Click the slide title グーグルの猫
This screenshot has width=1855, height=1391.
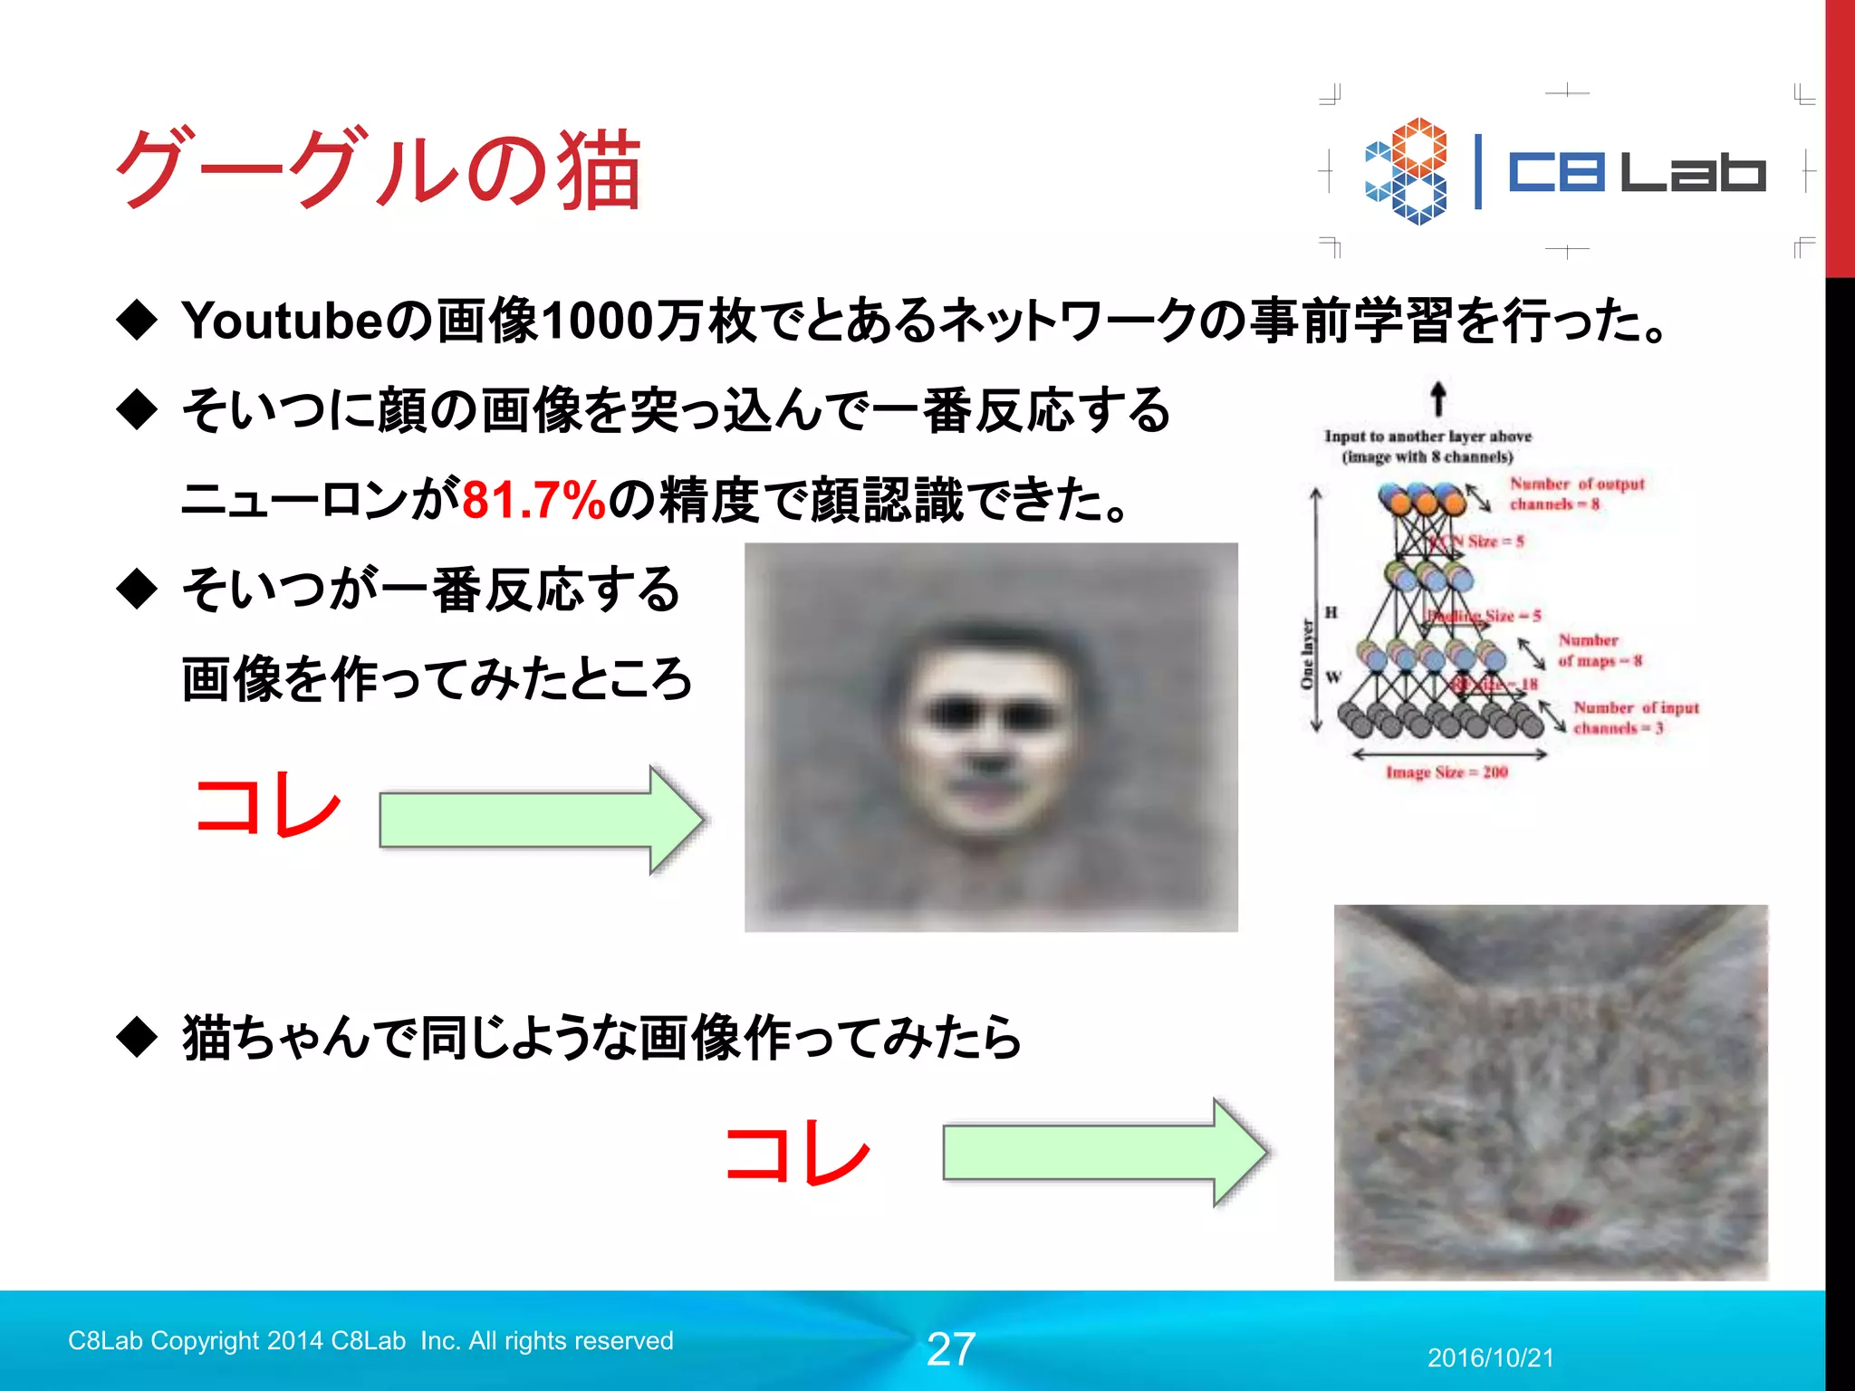point(379,169)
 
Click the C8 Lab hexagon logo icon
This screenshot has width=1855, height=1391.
point(1406,171)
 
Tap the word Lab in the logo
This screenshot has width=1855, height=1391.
point(1693,172)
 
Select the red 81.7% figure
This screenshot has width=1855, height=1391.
point(533,500)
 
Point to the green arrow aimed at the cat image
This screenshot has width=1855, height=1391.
point(1104,1152)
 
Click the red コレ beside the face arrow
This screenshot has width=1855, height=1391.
point(268,804)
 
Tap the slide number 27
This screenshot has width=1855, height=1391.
point(951,1349)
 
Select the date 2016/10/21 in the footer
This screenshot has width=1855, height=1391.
point(1491,1357)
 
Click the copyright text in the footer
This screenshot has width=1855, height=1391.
point(370,1340)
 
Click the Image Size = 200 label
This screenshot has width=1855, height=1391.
point(1447,772)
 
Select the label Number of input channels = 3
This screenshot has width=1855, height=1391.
point(1635,717)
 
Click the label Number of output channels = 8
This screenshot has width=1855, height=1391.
point(1576,494)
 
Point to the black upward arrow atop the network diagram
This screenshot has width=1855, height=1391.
point(1437,399)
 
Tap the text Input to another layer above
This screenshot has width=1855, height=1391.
point(1427,436)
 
